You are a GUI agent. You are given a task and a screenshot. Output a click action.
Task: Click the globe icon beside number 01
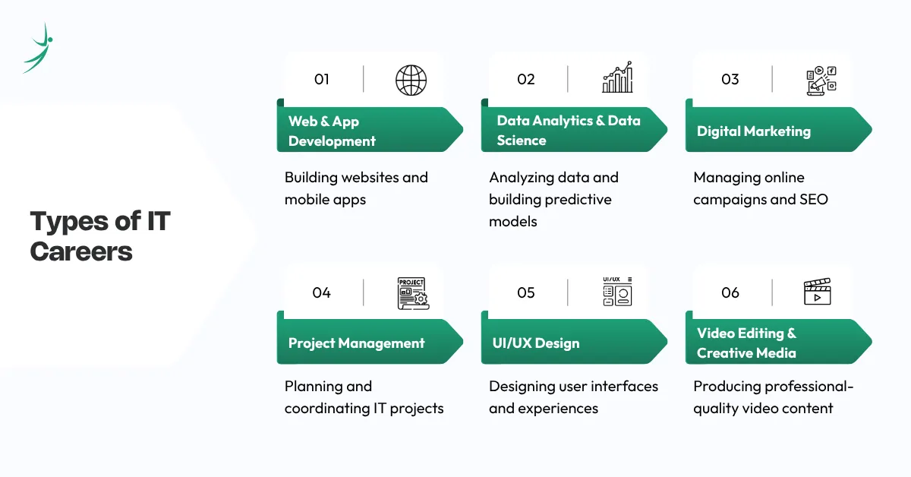[411, 79]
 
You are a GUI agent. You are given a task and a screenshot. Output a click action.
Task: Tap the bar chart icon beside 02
[616, 78]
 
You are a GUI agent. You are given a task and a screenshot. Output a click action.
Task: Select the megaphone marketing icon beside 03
[821, 80]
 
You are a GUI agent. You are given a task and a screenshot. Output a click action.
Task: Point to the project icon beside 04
[412, 293]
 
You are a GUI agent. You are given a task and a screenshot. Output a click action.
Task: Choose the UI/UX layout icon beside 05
[616, 292]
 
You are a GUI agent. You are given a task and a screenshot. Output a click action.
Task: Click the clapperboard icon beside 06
[818, 292]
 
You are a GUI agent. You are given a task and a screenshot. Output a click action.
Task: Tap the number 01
[322, 79]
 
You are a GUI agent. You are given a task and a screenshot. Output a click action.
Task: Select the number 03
[730, 79]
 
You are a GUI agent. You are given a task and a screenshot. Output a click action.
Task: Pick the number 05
[525, 292]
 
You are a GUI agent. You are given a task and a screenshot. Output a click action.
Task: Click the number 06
[730, 292]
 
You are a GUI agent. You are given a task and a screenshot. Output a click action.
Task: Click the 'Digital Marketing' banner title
[753, 131]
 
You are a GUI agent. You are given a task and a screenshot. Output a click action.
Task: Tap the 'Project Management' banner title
[356, 343]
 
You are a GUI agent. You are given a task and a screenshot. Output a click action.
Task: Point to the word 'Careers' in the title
[81, 251]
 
